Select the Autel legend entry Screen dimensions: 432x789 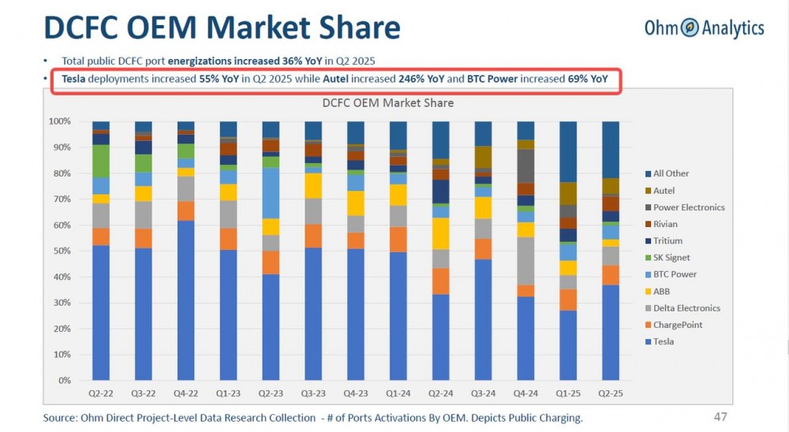point(664,190)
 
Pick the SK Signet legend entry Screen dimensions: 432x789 point(671,258)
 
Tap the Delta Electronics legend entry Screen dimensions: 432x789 point(686,307)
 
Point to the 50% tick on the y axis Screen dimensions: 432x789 point(61,251)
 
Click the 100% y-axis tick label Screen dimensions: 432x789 point(59,121)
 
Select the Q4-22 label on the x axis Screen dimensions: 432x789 point(186,392)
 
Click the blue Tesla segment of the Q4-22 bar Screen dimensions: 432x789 point(186,300)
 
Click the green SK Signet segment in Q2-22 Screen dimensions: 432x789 point(101,161)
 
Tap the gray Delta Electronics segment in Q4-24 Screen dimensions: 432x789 point(525,260)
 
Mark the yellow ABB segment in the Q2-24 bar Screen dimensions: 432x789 point(440,233)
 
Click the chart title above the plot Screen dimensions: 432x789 point(387,102)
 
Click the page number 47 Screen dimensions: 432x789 point(720,416)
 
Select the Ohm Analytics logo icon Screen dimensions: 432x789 point(690,28)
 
